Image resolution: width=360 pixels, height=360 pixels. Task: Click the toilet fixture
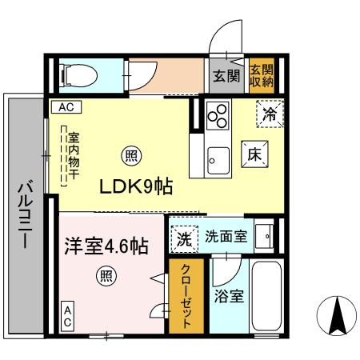pos(79,75)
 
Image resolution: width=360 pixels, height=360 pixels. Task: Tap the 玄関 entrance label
pos(226,76)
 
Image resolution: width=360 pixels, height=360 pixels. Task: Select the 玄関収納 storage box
pos(262,76)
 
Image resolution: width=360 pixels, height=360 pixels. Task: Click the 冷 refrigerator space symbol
pos(270,114)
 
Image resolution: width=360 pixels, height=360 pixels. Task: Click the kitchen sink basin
pos(218,161)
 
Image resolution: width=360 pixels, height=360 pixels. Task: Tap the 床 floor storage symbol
pos(254,154)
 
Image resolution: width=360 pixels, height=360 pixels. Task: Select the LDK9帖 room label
pos(136,186)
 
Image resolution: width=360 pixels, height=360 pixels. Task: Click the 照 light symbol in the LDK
pos(131,156)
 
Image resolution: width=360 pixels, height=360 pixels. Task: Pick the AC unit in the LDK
pos(66,107)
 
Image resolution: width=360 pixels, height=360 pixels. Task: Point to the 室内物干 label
pos(74,156)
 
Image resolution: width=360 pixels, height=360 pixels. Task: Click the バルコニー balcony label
pos(26,214)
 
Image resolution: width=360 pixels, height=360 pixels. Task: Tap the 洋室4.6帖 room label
pos(106,246)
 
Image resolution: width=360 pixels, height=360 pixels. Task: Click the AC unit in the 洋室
pos(68,316)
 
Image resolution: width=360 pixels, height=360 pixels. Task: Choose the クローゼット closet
pos(186,296)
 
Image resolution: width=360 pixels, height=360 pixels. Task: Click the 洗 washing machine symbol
pos(185,239)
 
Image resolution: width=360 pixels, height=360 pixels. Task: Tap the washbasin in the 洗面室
pos(264,236)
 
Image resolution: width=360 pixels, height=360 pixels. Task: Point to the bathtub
pos(266,296)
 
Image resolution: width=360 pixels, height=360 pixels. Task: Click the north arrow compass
pos(337,316)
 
